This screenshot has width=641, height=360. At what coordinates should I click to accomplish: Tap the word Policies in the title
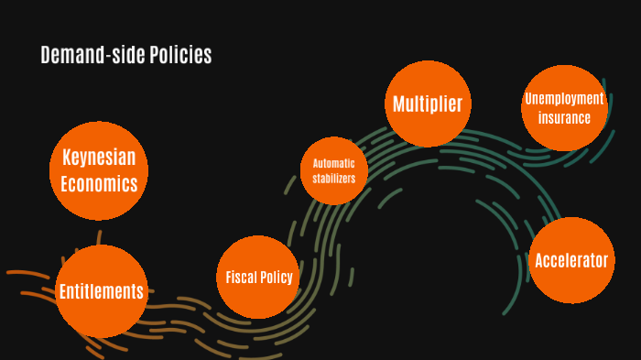[x=180, y=56]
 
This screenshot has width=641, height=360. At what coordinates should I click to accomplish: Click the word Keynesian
[x=99, y=158]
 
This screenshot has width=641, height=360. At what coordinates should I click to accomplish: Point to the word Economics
[x=99, y=184]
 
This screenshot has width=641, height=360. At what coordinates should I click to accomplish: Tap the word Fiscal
[x=241, y=278]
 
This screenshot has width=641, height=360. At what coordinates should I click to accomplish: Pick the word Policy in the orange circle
[x=277, y=278]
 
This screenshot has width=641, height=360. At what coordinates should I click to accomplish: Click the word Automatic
[x=334, y=163]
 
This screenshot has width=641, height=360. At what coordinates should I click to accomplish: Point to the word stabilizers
[x=334, y=178]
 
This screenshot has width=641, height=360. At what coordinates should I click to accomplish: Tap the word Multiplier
[x=428, y=104]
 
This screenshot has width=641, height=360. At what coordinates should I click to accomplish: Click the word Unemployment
[x=565, y=99]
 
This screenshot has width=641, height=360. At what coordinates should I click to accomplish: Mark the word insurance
[x=565, y=117]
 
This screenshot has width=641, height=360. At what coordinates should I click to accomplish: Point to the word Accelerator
[x=572, y=260]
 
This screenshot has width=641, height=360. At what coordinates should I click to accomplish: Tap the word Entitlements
[x=101, y=292]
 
